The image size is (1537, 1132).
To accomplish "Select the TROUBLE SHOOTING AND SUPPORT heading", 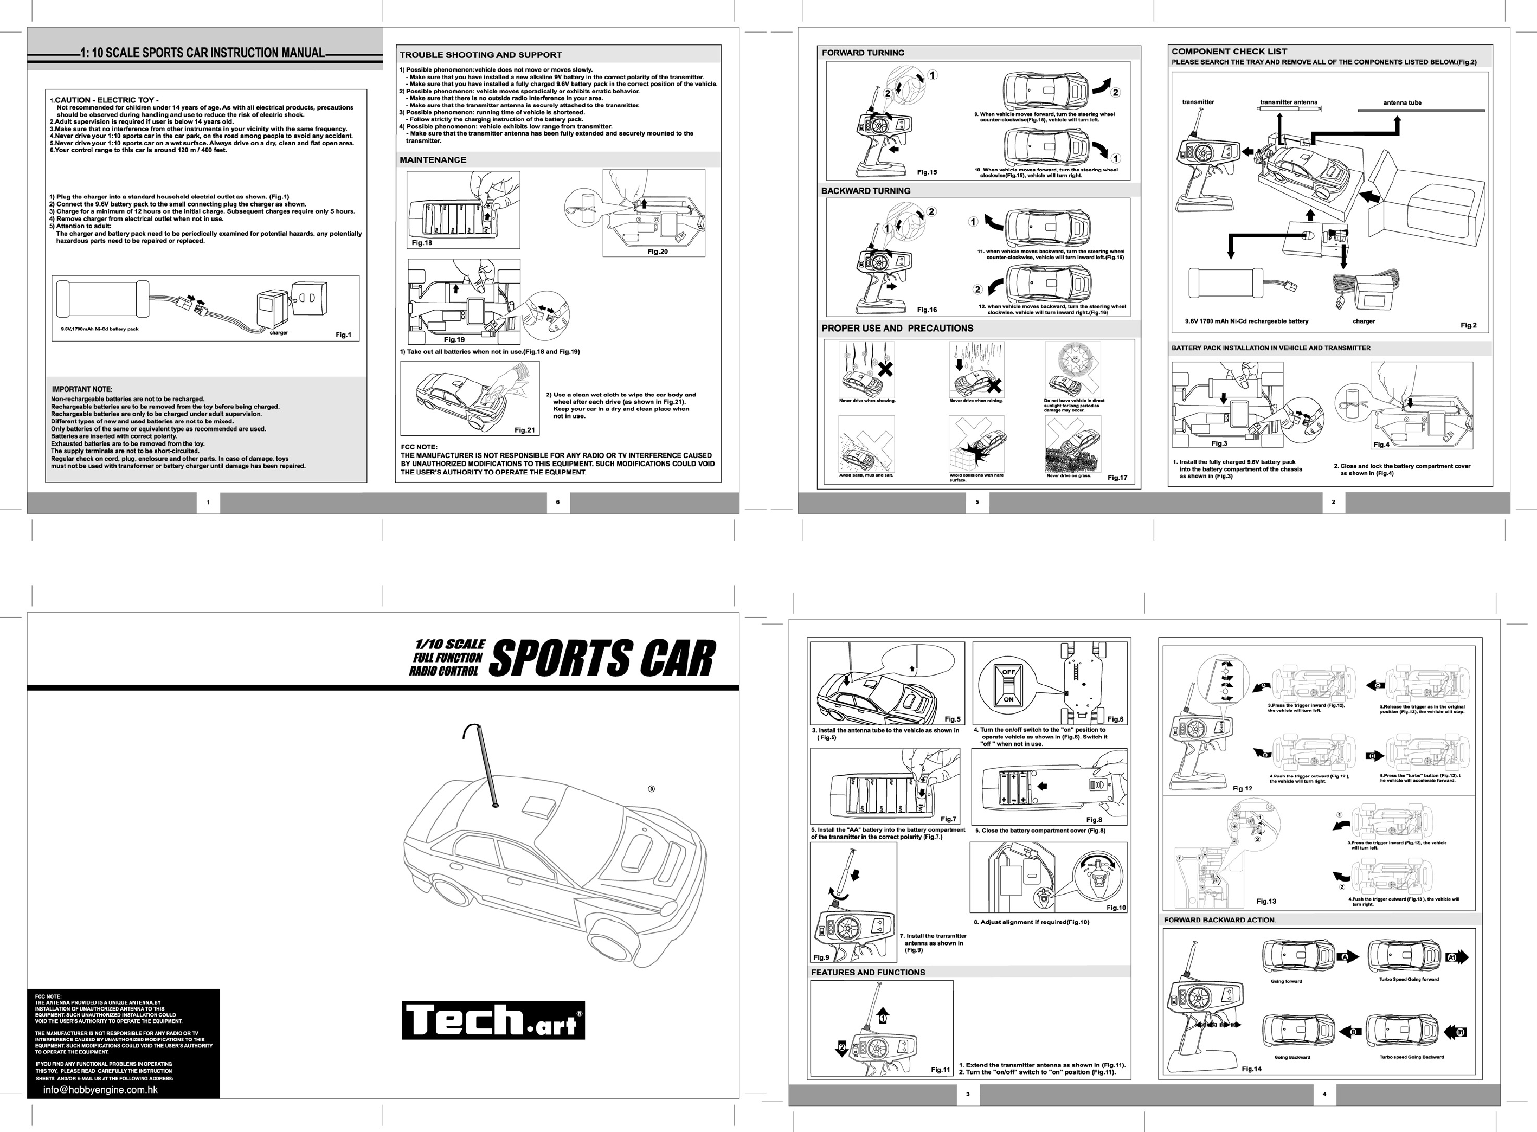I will click(x=480, y=55).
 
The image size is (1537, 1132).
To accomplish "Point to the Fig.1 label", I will click(x=343, y=335).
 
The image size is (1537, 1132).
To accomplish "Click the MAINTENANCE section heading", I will click(x=433, y=159).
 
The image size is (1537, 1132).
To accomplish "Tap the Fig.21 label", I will click(x=524, y=430).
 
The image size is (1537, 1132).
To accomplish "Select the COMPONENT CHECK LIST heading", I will click(x=1229, y=52).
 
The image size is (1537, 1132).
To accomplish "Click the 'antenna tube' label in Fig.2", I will click(x=1402, y=103).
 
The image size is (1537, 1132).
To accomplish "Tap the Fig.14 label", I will click(x=1251, y=1069).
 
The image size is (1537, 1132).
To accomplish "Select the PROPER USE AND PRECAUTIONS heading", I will click(x=897, y=328).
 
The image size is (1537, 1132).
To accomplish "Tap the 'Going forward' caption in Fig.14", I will click(x=1286, y=981).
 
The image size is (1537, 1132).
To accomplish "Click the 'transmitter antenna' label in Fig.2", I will click(x=1288, y=103).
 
